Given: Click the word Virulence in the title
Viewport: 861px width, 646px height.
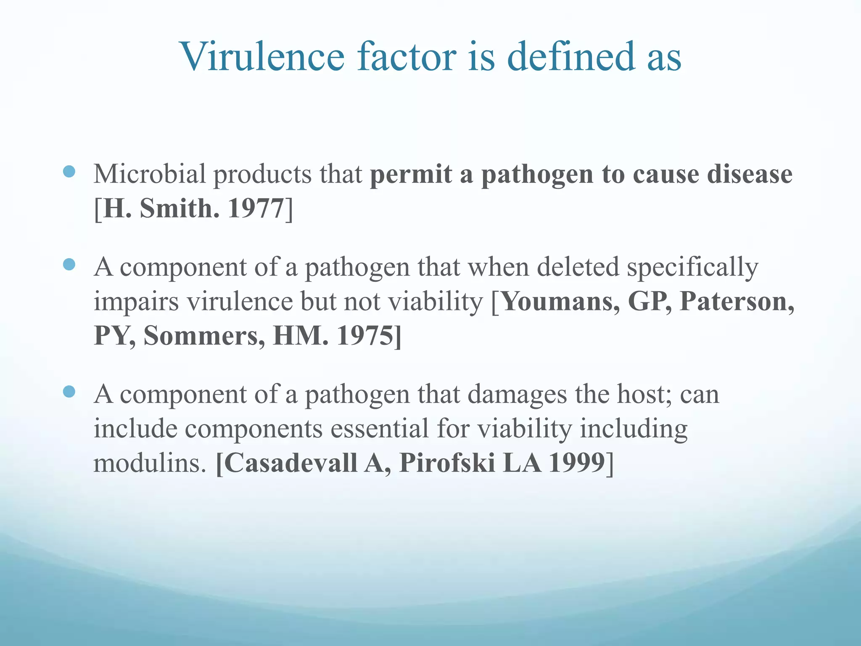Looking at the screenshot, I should point(263,57).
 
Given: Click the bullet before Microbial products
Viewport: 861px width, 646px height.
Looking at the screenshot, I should point(69,171).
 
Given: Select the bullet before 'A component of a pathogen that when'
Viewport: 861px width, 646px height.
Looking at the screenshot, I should point(69,265).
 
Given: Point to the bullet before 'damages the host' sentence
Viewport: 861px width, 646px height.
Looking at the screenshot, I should point(69,392).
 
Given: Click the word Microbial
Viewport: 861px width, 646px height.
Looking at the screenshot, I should point(150,174).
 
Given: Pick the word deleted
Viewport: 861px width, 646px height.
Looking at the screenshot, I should point(578,267).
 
